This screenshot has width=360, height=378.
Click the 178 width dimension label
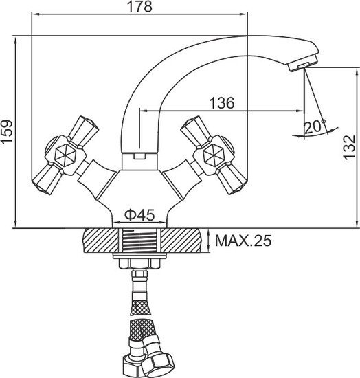coord(139,6)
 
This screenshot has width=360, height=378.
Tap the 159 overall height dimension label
coord(6,132)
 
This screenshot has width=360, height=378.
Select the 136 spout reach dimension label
coord(221,103)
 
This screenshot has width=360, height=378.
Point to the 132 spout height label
coord(350,148)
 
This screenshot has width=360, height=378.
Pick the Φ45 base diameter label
coord(139,215)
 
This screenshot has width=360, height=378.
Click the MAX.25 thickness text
coord(243,241)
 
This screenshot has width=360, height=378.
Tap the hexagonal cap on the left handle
coord(64,155)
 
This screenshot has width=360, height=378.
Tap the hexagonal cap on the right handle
coord(214,155)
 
